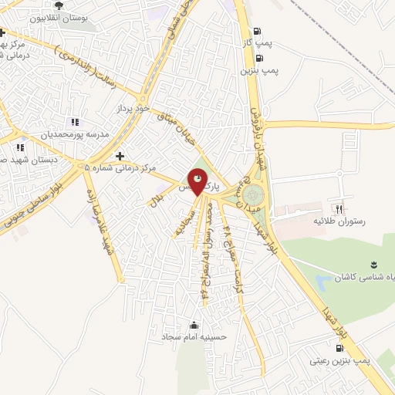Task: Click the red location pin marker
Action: click(198, 184)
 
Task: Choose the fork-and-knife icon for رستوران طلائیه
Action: click(337, 209)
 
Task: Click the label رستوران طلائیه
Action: click(336, 221)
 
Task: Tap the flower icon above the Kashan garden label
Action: click(373, 265)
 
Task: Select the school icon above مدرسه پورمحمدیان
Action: click(74, 122)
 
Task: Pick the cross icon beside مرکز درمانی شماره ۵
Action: click(120, 156)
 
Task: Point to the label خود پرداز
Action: click(133, 109)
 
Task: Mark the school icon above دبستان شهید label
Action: click(21, 147)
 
